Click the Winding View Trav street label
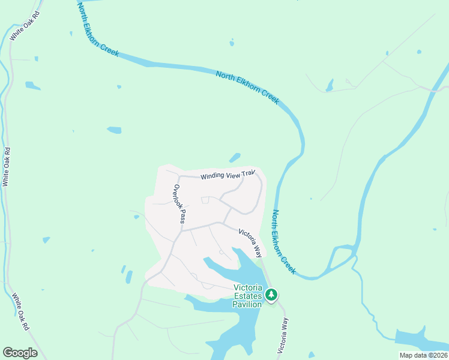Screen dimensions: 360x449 pos(228,175)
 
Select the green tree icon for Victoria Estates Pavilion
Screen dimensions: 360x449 pos(272,295)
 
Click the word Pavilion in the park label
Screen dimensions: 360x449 pos(247,304)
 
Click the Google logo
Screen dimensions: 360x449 pos(20,353)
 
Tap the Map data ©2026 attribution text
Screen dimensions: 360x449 pos(424,355)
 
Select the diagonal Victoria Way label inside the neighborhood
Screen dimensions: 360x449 pos(251,241)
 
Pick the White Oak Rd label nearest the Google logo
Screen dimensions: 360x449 pos(20,312)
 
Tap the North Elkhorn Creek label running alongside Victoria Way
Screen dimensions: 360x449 pos(284,242)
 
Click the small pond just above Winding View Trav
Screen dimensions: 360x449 pos(234,158)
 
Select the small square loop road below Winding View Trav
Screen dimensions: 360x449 pos(205,200)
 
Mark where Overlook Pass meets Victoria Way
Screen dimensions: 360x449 pos(182,230)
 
